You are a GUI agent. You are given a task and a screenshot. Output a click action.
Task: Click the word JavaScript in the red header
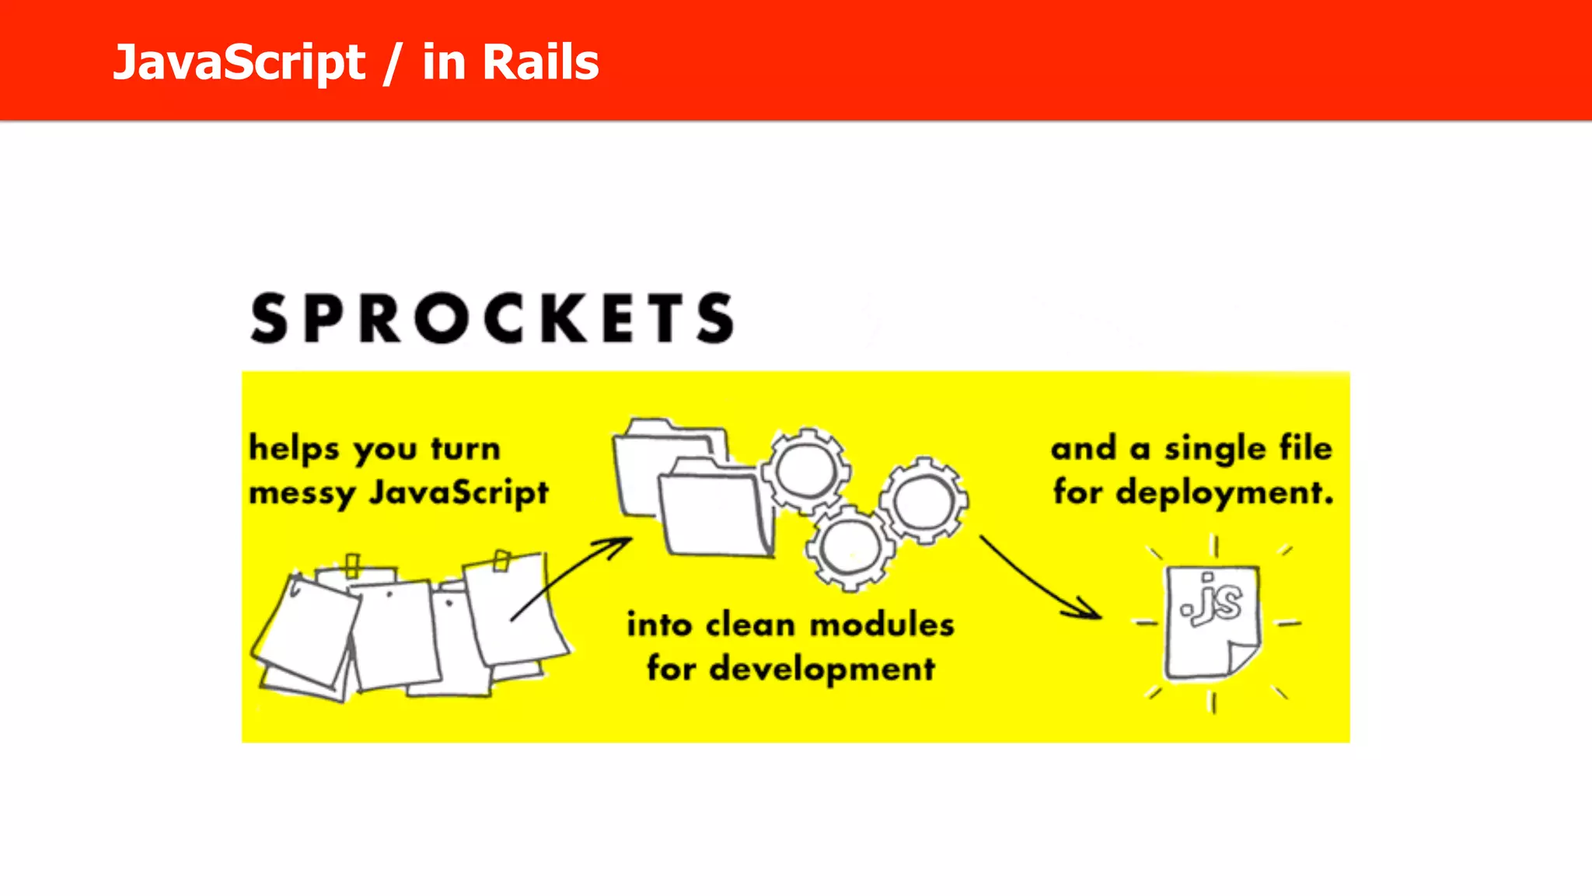click(239, 62)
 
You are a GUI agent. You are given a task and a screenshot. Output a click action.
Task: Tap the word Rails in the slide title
click(541, 62)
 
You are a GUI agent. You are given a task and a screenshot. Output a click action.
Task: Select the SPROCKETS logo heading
click(492, 318)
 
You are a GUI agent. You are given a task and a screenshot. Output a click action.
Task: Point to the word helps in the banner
click(294, 450)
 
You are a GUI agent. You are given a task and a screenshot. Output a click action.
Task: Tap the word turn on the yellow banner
click(466, 449)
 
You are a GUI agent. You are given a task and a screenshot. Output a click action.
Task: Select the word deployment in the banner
click(1224, 493)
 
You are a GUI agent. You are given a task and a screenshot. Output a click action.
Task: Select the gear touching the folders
click(805, 471)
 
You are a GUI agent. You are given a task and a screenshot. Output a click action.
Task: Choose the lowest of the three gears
click(850, 547)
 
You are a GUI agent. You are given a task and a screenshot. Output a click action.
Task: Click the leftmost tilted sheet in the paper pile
click(305, 630)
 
